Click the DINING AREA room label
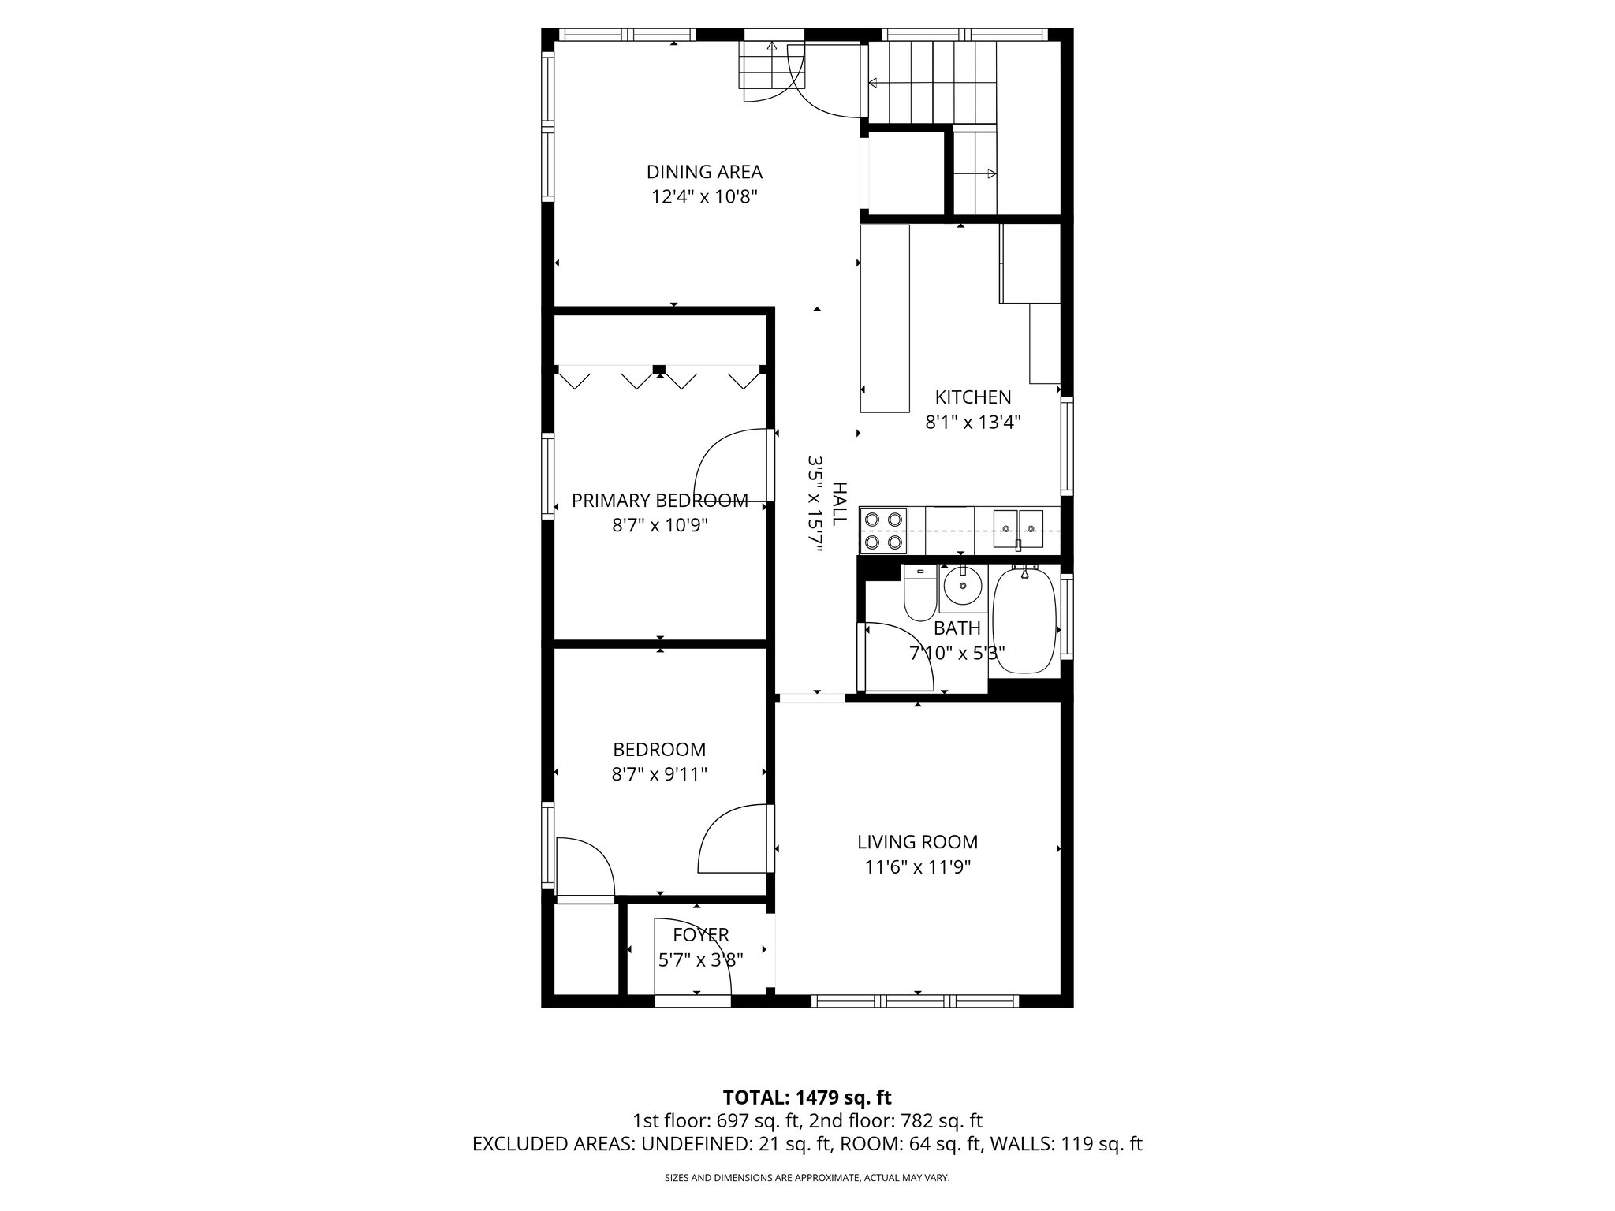[x=704, y=172]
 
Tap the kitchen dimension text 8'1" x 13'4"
[x=972, y=423]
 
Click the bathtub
[x=1024, y=620]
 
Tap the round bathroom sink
[x=963, y=587]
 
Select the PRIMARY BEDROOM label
[x=659, y=501]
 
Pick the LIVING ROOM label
[x=917, y=842]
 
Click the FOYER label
[x=700, y=935]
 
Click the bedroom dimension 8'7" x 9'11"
[x=659, y=774]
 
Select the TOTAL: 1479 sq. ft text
[x=807, y=1097]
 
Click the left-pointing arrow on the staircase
[x=874, y=82]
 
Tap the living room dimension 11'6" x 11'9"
[x=917, y=867]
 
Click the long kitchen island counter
[x=884, y=319]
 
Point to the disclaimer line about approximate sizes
[x=807, y=1178]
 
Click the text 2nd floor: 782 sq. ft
[x=896, y=1120]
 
